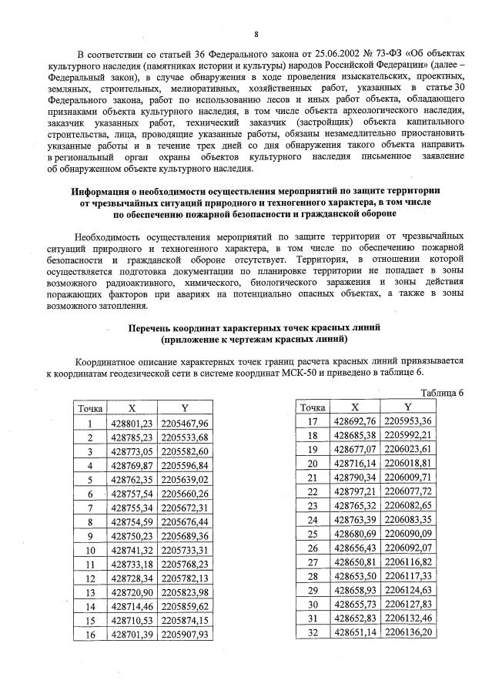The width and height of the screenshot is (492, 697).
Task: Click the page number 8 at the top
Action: (256, 34)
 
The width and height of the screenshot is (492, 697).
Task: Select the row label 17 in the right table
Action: (312, 421)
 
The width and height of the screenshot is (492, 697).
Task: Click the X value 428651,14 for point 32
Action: (354, 631)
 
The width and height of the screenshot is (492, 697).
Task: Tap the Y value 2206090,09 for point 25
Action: (407, 533)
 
